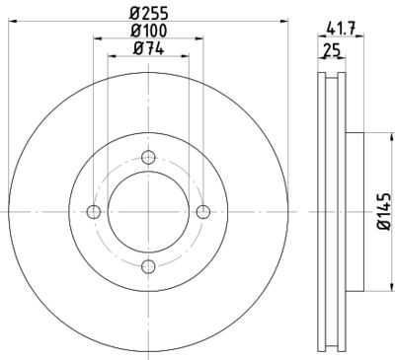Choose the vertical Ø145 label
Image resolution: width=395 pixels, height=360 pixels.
pyautogui.click(x=382, y=212)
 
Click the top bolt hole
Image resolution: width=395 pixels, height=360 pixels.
pyautogui.click(x=149, y=158)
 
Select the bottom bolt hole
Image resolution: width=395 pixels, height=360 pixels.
pyautogui.click(x=149, y=266)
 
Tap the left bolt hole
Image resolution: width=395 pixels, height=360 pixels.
pyautogui.click(x=95, y=212)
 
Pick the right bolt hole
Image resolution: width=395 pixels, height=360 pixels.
pyautogui.click(x=203, y=212)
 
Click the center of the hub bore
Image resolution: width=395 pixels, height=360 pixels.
pyautogui.click(x=149, y=212)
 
